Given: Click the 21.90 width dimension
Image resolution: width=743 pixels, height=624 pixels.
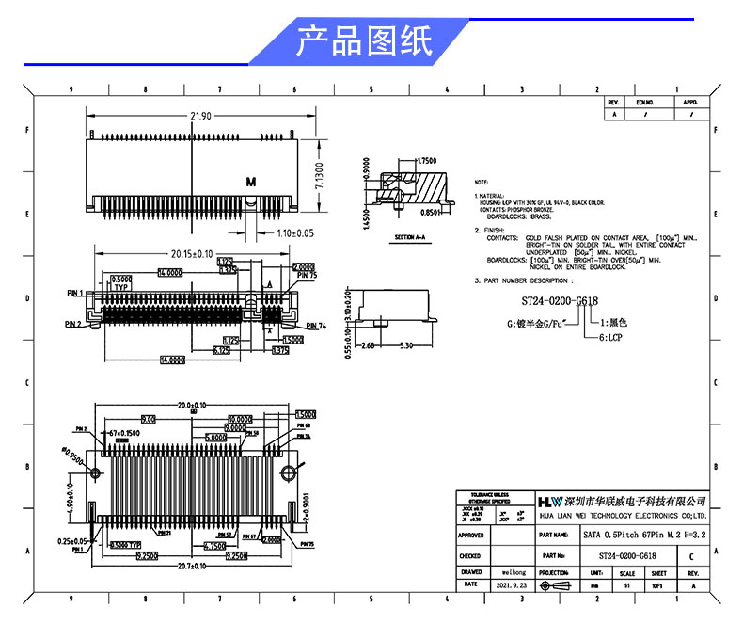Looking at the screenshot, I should (x=199, y=116).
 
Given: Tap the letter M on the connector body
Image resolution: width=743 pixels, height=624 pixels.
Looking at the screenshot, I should (x=250, y=180).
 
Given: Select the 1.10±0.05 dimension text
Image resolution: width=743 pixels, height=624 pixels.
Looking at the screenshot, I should (x=294, y=232).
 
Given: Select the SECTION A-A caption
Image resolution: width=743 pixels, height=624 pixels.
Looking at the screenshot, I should (x=411, y=236).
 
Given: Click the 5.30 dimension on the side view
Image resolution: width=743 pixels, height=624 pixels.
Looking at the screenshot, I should (x=406, y=345).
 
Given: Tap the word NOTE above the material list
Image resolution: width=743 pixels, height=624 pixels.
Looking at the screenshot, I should (x=482, y=181).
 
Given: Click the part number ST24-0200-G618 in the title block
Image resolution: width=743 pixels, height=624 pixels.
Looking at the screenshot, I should (x=626, y=555).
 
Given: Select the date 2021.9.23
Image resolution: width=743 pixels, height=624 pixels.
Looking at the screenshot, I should (x=513, y=584).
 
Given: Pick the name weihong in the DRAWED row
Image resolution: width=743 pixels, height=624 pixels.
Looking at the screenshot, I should (x=513, y=571).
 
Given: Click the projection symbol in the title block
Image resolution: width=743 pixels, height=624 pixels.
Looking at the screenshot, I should (x=556, y=584).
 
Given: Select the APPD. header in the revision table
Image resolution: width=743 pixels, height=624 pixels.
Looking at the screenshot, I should (x=690, y=102).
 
